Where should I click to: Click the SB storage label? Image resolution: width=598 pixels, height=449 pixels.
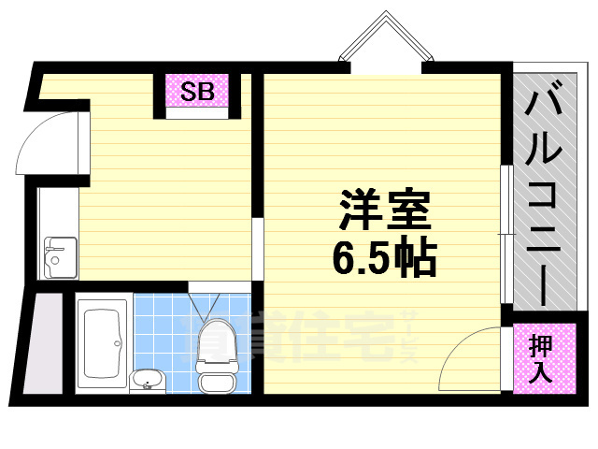tap(197, 92)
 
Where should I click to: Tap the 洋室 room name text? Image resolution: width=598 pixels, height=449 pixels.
tap(384, 211)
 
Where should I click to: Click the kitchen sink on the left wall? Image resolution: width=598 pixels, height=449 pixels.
tap(60, 253)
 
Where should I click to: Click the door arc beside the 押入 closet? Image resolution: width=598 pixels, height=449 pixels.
tap(471, 360)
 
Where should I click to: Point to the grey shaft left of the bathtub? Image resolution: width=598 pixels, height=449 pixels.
tap(42, 343)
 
